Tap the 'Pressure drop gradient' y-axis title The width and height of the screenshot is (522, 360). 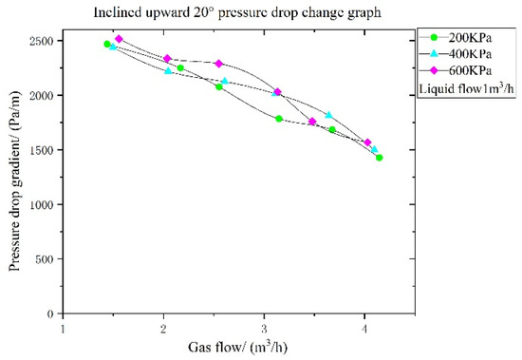tap(16, 176)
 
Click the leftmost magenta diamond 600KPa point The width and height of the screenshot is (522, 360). tap(120, 39)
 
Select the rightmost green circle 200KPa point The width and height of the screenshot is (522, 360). tap(379, 158)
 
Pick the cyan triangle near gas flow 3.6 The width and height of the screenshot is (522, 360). tap(328, 115)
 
